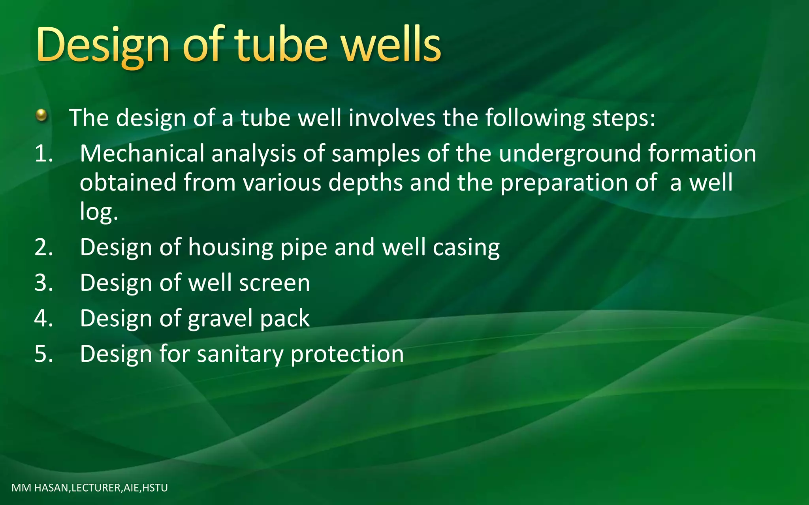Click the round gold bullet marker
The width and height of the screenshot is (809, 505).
pos(41,116)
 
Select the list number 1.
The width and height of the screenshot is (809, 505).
pos(43,153)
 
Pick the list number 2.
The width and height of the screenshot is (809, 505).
pos(43,247)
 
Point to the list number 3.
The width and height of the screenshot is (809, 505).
pos(43,283)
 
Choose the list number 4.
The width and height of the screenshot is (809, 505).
pos(43,318)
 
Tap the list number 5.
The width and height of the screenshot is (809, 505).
pos(43,354)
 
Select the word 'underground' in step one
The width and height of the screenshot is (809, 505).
pos(570,153)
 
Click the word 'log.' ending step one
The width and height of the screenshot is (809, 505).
pos(99,212)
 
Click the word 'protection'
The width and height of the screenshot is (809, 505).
pos(347,354)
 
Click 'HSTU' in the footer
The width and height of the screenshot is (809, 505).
pos(155,488)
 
